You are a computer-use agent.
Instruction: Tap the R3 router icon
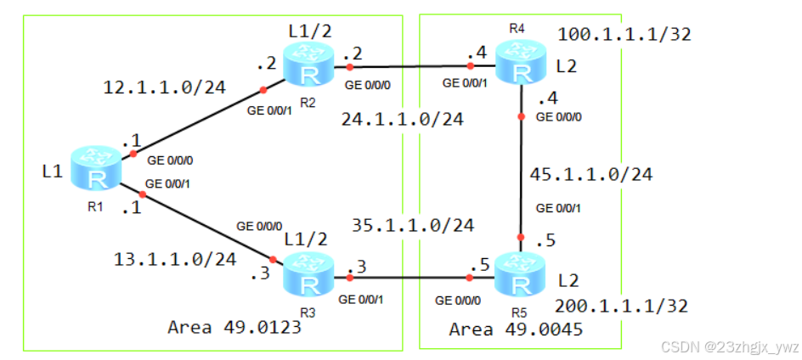pyautogui.click(x=311, y=274)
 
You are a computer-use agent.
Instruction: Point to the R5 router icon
pyautogui.click(x=518, y=272)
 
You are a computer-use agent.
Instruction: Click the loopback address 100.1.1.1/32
pyautogui.click(x=624, y=35)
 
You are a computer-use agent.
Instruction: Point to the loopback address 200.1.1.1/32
pyautogui.click(x=621, y=306)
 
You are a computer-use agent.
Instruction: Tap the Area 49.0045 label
pyautogui.click(x=516, y=329)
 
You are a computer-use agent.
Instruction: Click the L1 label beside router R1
pyautogui.click(x=53, y=172)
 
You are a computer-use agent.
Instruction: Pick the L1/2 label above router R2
pyautogui.click(x=311, y=31)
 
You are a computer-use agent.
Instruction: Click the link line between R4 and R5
pyautogui.click(x=520, y=170)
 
